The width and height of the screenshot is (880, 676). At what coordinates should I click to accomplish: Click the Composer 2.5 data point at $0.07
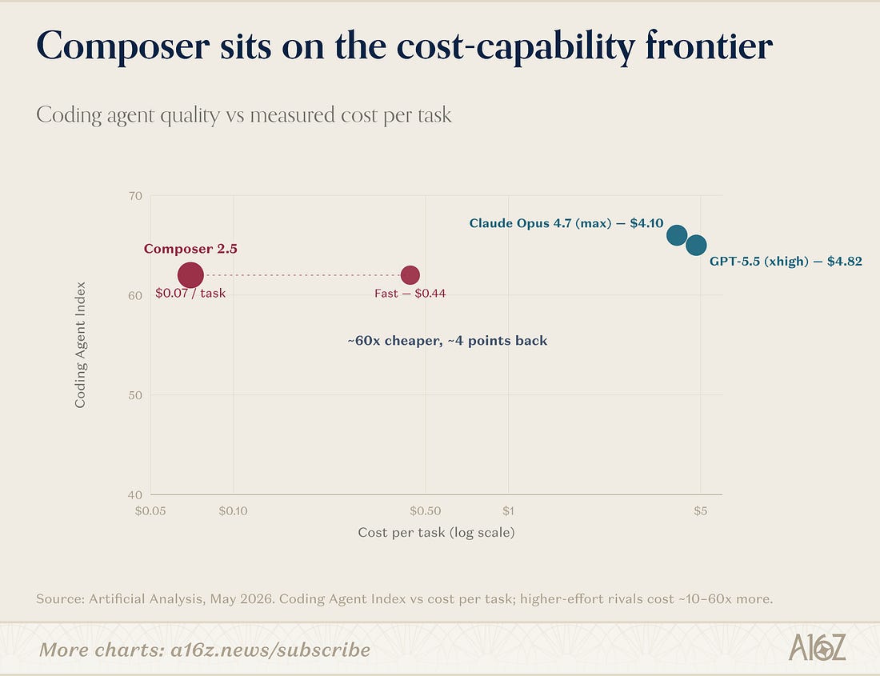(x=190, y=275)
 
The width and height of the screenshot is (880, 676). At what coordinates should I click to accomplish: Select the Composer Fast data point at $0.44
(x=410, y=275)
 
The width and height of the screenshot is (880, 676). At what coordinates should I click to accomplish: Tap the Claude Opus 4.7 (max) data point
(x=677, y=235)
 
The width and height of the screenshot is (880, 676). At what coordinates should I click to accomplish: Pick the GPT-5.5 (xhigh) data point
(x=696, y=245)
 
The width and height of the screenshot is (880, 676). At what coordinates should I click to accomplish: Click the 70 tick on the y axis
(x=135, y=196)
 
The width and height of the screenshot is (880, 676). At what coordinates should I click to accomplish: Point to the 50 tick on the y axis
(x=135, y=395)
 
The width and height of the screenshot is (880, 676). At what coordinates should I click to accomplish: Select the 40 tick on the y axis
(x=135, y=494)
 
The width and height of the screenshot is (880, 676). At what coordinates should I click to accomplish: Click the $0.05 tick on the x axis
(x=150, y=511)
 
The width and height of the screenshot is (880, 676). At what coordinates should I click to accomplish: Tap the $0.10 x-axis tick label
(x=233, y=511)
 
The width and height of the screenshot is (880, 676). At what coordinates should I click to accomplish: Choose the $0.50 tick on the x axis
(x=426, y=511)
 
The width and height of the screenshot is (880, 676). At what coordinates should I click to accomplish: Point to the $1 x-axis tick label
(x=508, y=511)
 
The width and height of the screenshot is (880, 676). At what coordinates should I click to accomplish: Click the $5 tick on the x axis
(x=701, y=511)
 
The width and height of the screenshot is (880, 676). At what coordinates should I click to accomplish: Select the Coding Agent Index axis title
(x=80, y=345)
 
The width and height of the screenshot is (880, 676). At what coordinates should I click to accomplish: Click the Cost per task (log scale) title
(x=436, y=532)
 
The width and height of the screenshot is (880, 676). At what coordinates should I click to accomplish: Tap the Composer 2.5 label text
(x=190, y=249)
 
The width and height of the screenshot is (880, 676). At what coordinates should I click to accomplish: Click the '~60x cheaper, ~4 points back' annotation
(x=447, y=341)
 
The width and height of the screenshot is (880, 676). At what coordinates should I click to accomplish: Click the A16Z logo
(x=817, y=647)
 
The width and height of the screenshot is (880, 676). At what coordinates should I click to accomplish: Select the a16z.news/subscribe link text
(x=270, y=650)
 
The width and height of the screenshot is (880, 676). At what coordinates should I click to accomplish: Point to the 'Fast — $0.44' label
(x=410, y=294)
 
